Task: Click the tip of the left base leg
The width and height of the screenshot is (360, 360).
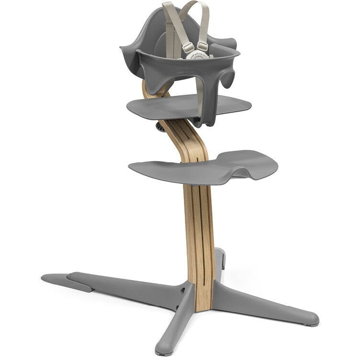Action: pos(48,278)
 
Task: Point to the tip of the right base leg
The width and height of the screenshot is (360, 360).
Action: pos(311,318)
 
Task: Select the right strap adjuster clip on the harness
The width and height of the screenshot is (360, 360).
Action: pos(202,46)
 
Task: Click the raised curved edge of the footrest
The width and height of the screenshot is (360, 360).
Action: pos(259,163)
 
